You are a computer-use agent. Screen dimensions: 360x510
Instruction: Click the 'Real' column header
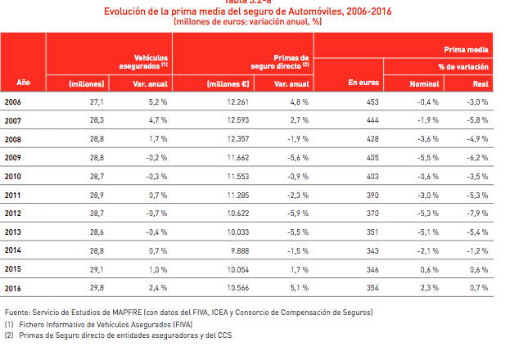click(x=481, y=83)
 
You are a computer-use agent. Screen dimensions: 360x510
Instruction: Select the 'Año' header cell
click(x=24, y=83)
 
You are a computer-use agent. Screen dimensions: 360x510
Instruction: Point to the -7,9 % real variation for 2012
click(x=477, y=214)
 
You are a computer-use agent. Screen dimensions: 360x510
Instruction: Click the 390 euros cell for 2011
click(x=372, y=195)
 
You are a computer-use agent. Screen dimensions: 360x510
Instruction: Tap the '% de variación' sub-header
click(x=463, y=65)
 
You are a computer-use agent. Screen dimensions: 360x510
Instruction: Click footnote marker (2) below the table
click(x=9, y=335)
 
